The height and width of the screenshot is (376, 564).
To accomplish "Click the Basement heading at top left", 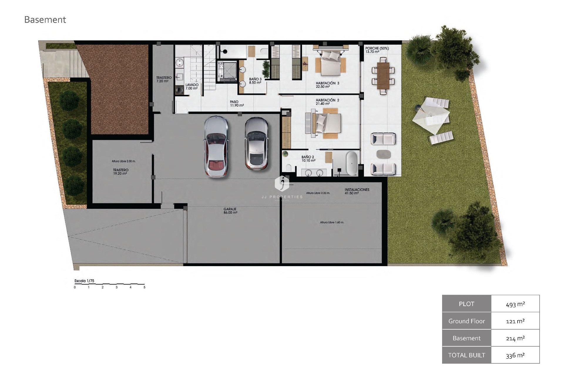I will pos(45,20).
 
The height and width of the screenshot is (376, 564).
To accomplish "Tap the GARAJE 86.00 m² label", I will pos(230,211).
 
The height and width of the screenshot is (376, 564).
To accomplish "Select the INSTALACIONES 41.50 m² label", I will pos(357,191).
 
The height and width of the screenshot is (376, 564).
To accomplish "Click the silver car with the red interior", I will pos(216,147).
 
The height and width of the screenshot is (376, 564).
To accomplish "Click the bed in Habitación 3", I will pos(330,63).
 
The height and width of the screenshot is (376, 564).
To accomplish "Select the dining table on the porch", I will pos(383,75).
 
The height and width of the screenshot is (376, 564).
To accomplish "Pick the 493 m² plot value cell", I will pos(515,304).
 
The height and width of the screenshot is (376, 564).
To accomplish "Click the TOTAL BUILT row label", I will pos(466,355).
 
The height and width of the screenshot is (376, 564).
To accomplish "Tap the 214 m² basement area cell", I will pos(515,338).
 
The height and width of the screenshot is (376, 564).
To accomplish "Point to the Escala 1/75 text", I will pos(84,281).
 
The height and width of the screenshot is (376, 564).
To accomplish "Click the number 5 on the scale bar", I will pos(144,287).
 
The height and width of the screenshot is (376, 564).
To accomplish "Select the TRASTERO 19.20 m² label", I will pos(120,172).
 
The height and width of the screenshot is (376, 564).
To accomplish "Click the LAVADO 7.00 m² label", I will pos(192,86).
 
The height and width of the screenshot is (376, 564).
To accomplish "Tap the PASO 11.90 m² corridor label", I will pos(236,103).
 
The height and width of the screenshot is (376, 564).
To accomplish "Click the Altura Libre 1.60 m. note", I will pos(332,222).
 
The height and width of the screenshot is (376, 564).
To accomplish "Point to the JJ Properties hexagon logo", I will pos(282,183).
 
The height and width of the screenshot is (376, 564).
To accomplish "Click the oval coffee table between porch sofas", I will pos(383,154).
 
